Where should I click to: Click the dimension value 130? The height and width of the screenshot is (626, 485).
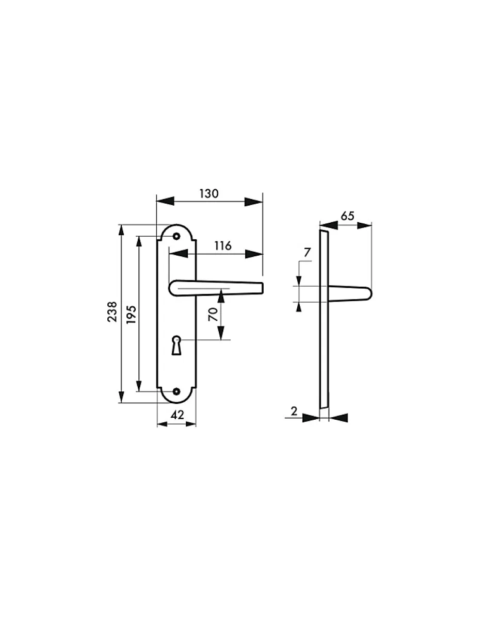point(209,194)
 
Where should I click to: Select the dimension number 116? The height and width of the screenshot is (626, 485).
point(222,246)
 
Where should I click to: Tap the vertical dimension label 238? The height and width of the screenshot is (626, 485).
point(112,312)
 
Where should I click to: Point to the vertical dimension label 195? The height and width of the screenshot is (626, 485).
point(131,314)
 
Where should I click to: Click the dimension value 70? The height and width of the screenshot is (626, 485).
point(213,314)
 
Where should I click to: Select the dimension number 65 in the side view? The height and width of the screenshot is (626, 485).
point(347,216)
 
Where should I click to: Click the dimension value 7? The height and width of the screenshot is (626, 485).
point(308,253)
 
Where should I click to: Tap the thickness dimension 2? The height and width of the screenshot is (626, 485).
point(294,411)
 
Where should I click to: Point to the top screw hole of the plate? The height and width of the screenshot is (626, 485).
point(176,236)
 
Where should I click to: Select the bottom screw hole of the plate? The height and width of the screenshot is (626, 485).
point(176,391)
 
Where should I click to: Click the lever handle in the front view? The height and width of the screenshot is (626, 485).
point(217,289)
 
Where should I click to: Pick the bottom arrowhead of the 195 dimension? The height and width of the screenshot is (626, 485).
point(139,384)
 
